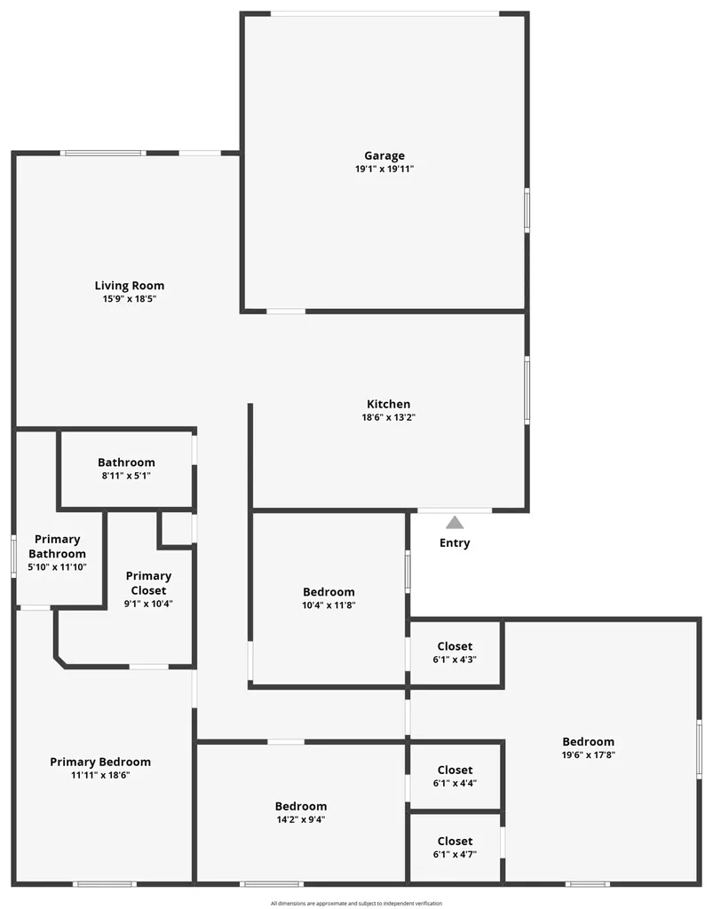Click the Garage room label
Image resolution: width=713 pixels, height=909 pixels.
[x=384, y=155]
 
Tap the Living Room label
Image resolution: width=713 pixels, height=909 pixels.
[x=130, y=285]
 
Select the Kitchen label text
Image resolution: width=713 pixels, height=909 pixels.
[x=388, y=404]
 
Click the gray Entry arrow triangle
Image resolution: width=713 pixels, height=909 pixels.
[x=455, y=522]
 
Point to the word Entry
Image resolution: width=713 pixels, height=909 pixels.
[x=455, y=543]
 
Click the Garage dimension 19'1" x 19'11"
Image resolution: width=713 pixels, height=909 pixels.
[x=384, y=170]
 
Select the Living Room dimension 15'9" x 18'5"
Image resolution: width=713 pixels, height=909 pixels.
[x=130, y=299]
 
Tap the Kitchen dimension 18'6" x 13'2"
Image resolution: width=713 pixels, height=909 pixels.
[x=388, y=417]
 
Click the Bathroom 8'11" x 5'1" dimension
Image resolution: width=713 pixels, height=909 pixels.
[x=126, y=476]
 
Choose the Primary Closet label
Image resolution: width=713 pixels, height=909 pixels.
[x=148, y=583]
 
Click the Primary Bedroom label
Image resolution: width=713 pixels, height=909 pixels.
[x=100, y=762]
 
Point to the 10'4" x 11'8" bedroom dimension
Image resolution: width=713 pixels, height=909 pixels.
[x=329, y=605]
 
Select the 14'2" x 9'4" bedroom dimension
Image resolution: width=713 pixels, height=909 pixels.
[x=300, y=819]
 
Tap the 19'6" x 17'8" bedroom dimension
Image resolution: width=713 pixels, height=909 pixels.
[x=589, y=755]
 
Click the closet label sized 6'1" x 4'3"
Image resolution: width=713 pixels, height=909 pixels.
[x=455, y=646]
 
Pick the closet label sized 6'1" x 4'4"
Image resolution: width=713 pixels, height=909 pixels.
[x=455, y=770]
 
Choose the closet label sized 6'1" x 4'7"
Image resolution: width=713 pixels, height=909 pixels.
[x=455, y=842]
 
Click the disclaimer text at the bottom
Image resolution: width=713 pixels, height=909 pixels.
[x=357, y=903]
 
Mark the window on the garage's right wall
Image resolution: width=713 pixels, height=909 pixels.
[x=527, y=209]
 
